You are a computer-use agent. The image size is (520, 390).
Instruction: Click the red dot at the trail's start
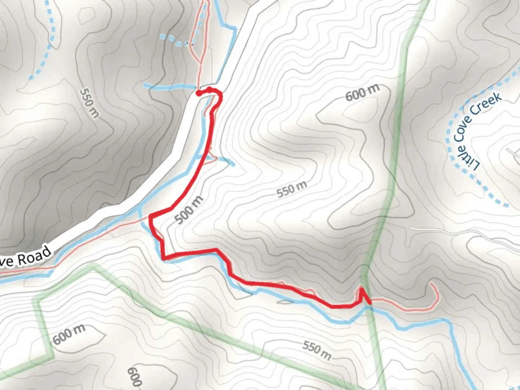click(x=198, y=93)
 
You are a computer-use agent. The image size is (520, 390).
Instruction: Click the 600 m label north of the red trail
click(x=363, y=93)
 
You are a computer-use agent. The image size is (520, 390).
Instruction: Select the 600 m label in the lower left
click(x=69, y=334)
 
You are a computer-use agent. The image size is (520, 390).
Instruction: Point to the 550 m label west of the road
click(x=89, y=103)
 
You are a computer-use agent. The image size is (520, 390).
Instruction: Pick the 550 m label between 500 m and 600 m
click(x=292, y=189)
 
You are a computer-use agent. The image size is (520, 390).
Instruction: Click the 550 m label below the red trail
click(x=317, y=350)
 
